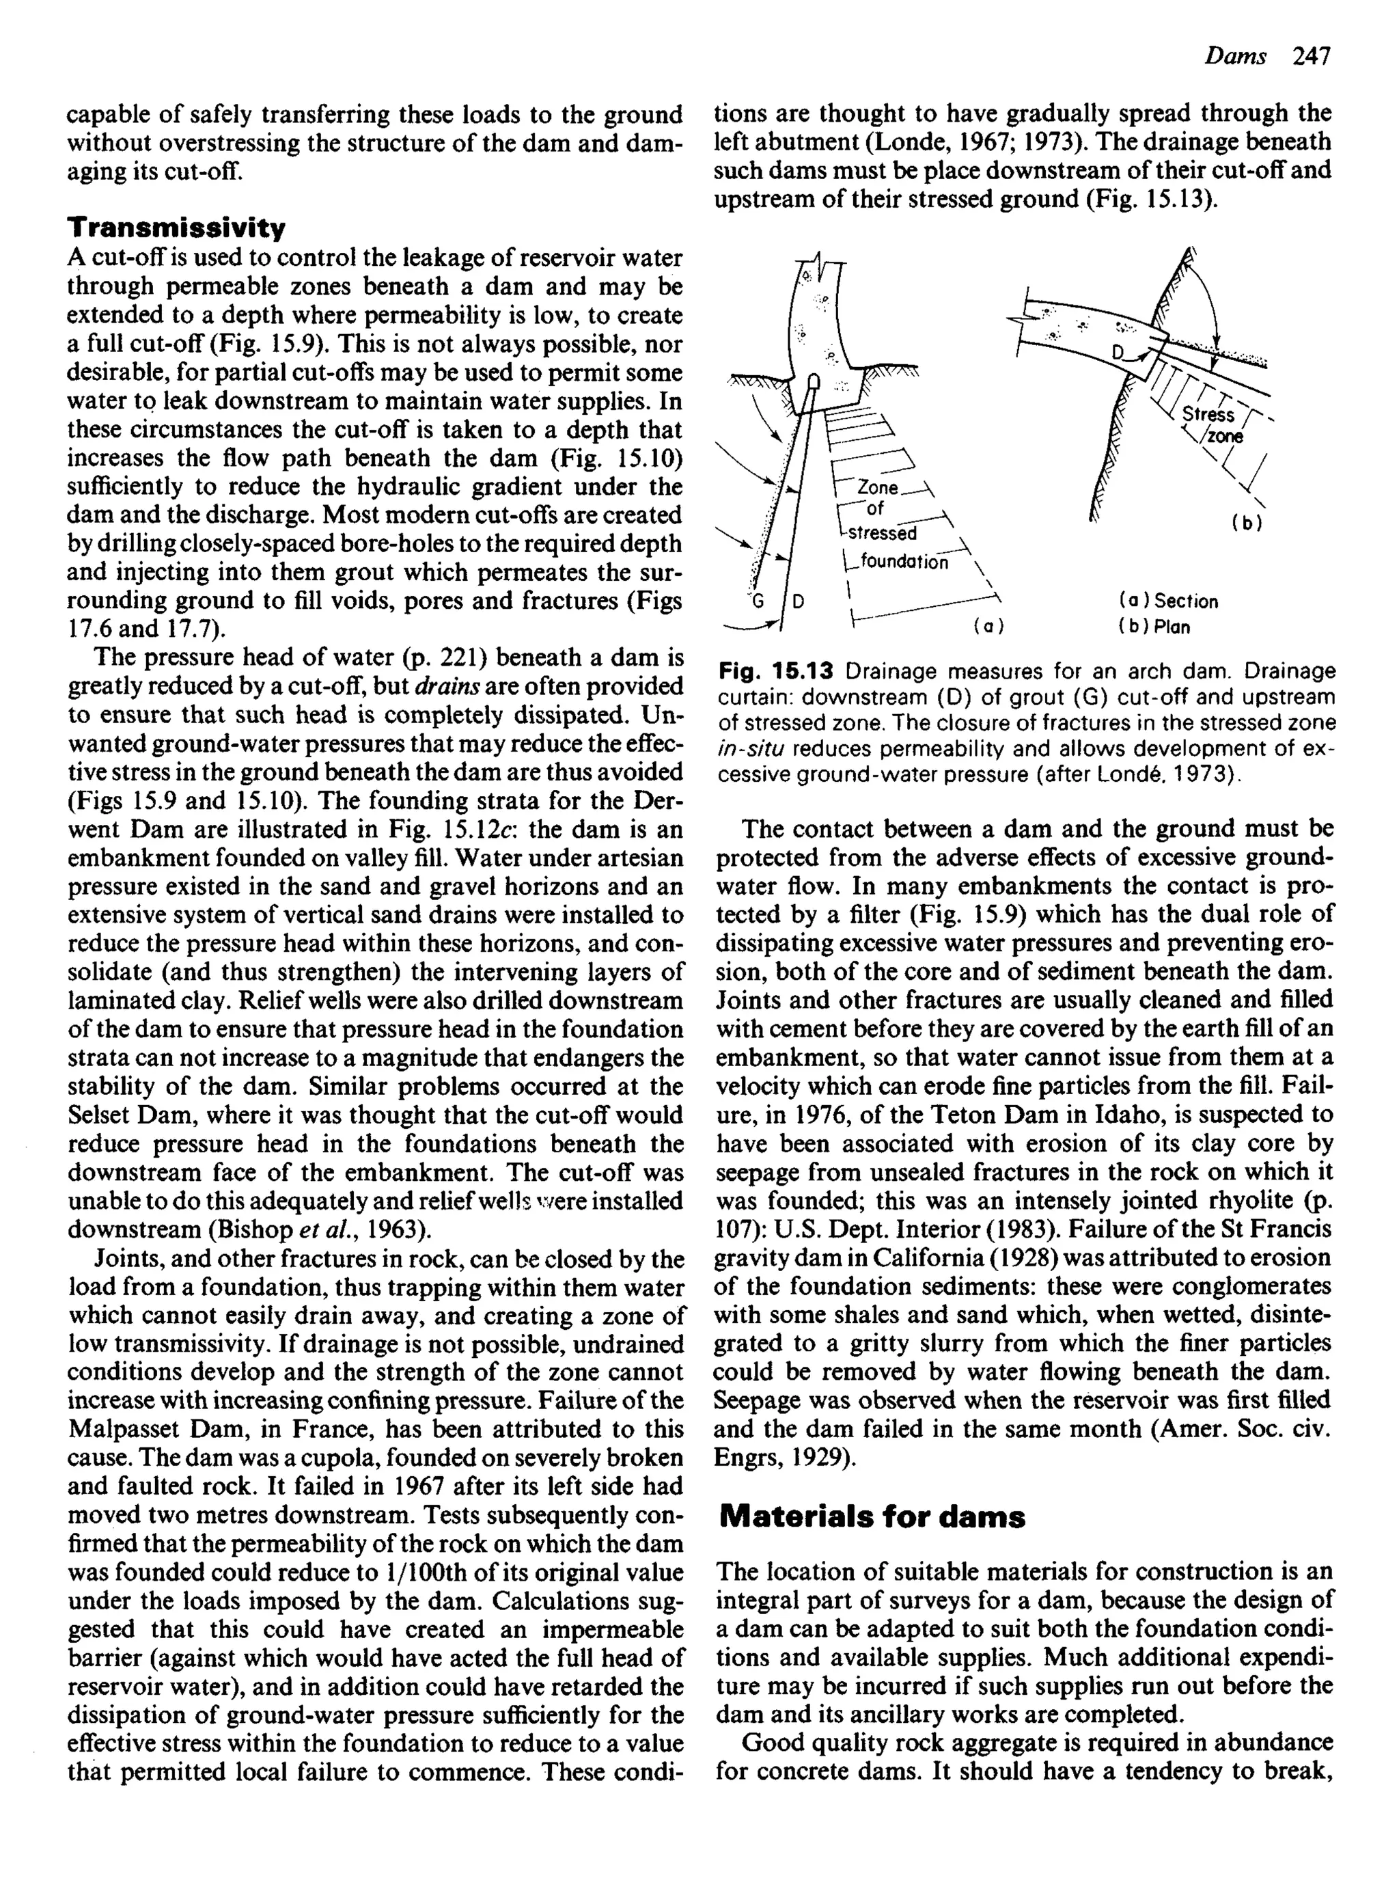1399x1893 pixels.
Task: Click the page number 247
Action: [1312, 57]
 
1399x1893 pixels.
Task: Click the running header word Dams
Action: [1236, 57]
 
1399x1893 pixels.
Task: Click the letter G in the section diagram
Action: [758, 601]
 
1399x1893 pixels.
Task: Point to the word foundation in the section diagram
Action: [904, 562]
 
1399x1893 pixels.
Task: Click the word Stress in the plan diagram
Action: [1208, 414]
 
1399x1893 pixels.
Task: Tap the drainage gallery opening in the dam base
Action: [814, 383]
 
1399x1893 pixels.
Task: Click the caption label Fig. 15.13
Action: [776, 672]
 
